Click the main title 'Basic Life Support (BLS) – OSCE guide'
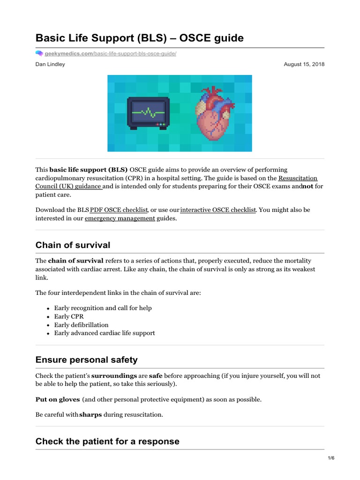coord(140,38)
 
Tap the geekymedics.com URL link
coord(110,54)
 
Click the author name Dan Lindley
coord(50,64)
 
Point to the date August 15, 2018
coord(304,64)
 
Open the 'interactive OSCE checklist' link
coord(218,210)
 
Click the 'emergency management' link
coord(120,218)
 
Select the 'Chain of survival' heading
coord(73,245)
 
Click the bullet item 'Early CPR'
coord(69,316)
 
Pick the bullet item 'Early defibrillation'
coord(81,325)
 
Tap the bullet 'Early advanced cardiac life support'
coord(104,333)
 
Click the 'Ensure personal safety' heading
coord(87,360)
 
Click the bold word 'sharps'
coord(90,415)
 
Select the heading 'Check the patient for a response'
coord(107,441)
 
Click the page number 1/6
coord(330,458)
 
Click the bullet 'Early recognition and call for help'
coord(103,308)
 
